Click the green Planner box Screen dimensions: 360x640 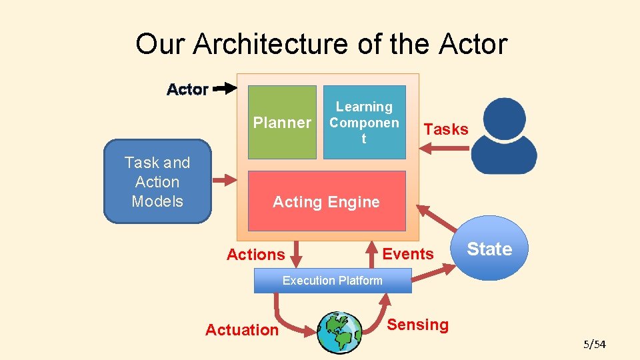(282, 122)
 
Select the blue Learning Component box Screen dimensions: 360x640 (364, 122)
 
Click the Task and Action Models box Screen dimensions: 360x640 (157, 181)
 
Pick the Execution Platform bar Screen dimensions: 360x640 (333, 281)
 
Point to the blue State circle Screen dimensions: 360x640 (490, 249)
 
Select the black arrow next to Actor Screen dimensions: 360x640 (225, 87)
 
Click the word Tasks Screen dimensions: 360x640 (446, 129)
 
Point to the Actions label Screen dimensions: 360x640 (255, 255)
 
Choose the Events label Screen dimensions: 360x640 (408, 254)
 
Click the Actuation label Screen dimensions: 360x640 (242, 330)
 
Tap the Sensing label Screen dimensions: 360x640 (418, 325)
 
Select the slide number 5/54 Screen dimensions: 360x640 (594, 344)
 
